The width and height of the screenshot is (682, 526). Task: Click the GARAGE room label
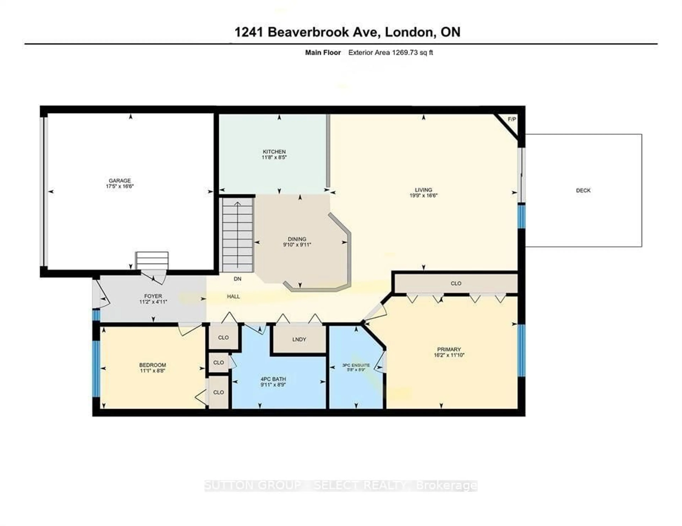tap(120, 180)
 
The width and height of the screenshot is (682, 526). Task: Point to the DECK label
tap(583, 190)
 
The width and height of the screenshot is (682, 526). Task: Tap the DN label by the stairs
tap(237, 279)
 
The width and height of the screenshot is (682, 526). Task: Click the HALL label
tap(233, 297)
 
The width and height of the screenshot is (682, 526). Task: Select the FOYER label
tap(153, 296)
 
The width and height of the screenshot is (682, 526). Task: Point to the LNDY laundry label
tap(299, 339)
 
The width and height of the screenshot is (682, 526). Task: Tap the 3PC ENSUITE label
tap(356, 365)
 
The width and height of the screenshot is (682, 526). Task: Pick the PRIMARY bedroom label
tap(449, 349)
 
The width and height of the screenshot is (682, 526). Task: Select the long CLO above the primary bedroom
tap(456, 284)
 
